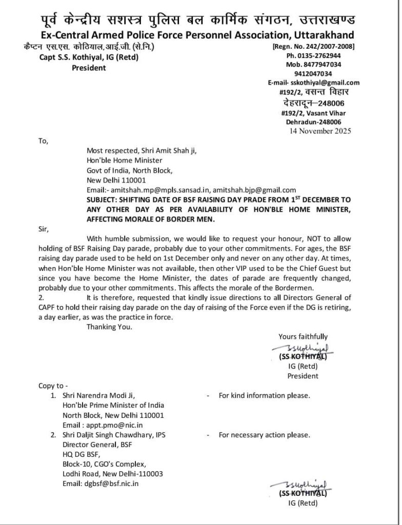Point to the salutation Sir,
click(x=44, y=229)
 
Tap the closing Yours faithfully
click(x=303, y=337)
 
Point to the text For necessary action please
click(x=264, y=435)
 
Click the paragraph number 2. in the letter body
click(x=42, y=297)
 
